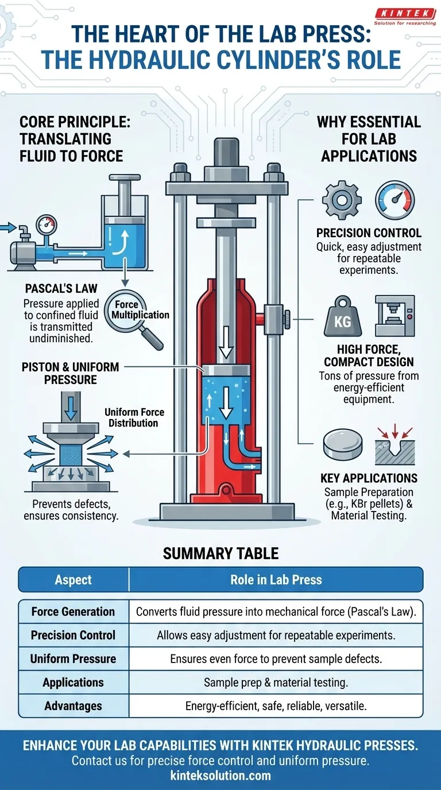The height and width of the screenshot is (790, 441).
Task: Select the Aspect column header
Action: (73, 580)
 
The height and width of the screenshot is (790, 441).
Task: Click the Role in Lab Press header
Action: (276, 580)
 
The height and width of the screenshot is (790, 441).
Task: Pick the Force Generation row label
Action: (73, 611)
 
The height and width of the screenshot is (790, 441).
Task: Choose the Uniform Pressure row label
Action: (73, 659)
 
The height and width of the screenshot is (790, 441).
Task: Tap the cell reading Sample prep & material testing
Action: (276, 683)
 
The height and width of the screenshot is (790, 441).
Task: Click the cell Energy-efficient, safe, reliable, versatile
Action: (276, 706)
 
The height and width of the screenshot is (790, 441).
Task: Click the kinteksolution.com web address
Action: (220, 776)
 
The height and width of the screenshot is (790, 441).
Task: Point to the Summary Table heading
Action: (220, 553)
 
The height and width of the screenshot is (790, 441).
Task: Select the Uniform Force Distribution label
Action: (134, 417)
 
